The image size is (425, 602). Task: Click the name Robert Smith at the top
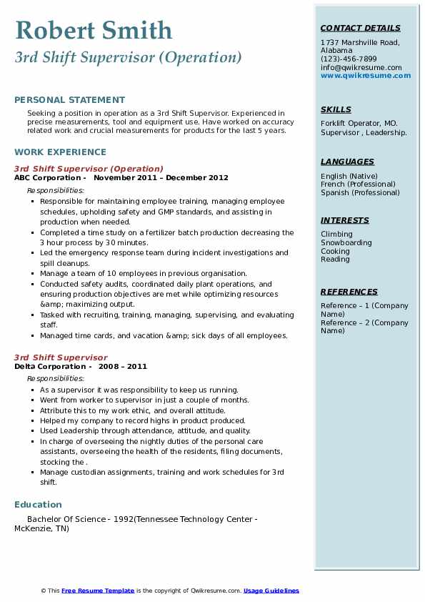pyautogui.click(x=94, y=30)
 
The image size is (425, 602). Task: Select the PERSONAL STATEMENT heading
pyautogui.click(x=69, y=100)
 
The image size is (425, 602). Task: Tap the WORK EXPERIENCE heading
pyautogui.click(x=60, y=152)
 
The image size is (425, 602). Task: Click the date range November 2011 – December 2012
pyautogui.click(x=161, y=178)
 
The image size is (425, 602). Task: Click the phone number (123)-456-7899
pyautogui.click(x=349, y=59)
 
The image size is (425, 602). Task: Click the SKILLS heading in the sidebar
pyautogui.click(x=336, y=109)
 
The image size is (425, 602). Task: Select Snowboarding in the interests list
pyautogui.click(x=346, y=242)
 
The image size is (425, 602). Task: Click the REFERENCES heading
pyautogui.click(x=349, y=292)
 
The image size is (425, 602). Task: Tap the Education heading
pyautogui.click(x=38, y=504)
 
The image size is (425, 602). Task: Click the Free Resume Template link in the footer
pyautogui.click(x=98, y=591)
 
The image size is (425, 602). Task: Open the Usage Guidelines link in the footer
pyautogui.click(x=271, y=591)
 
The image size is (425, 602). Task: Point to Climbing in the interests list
pyautogui.click(x=336, y=234)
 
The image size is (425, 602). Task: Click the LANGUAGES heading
pyautogui.click(x=347, y=162)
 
